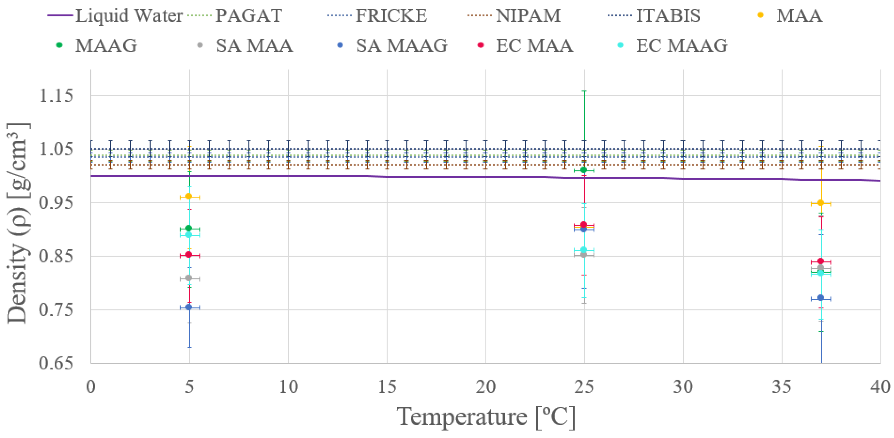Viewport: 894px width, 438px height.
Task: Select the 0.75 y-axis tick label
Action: pyautogui.click(x=56, y=309)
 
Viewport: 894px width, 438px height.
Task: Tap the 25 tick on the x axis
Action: pyautogui.click(x=584, y=386)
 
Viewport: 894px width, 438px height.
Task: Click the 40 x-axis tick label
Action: pyautogui.click(x=880, y=386)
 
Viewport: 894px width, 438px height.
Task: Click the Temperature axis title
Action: pyautogui.click(x=486, y=417)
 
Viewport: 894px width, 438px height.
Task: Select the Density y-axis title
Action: pyautogui.click(x=17, y=224)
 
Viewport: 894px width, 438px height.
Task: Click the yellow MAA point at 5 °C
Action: pyautogui.click(x=189, y=196)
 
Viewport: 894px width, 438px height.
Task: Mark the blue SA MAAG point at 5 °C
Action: pyautogui.click(x=189, y=307)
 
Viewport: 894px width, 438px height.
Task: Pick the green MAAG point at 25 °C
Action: pyautogui.click(x=583, y=170)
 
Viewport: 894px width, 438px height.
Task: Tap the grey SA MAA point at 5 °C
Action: pyautogui.click(x=189, y=278)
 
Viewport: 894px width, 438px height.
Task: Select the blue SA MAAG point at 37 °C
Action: pyautogui.click(x=821, y=298)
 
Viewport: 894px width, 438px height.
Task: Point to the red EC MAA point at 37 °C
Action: pyautogui.click(x=821, y=261)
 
